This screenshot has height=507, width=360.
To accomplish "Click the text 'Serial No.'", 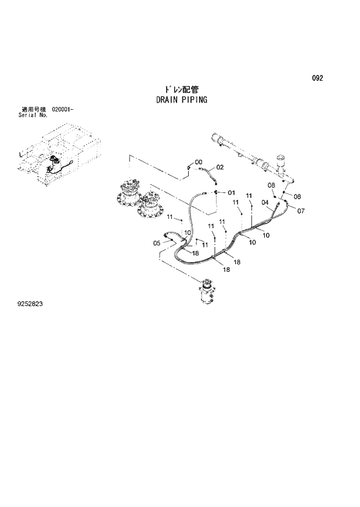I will (33, 115).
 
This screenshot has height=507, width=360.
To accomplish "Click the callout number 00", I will (198, 162).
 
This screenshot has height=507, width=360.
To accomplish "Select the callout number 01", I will (231, 193).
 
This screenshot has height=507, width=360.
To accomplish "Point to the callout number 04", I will (265, 203).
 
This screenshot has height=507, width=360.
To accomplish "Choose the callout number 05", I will (157, 243).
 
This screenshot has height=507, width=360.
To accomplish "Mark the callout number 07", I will (301, 211).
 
